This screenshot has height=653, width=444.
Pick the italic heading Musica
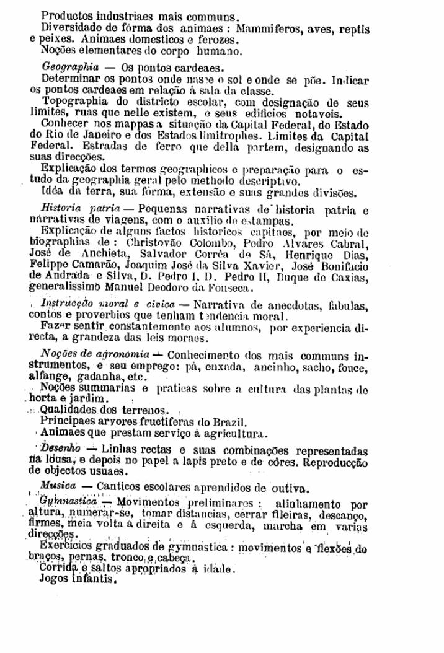coord(58,485)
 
